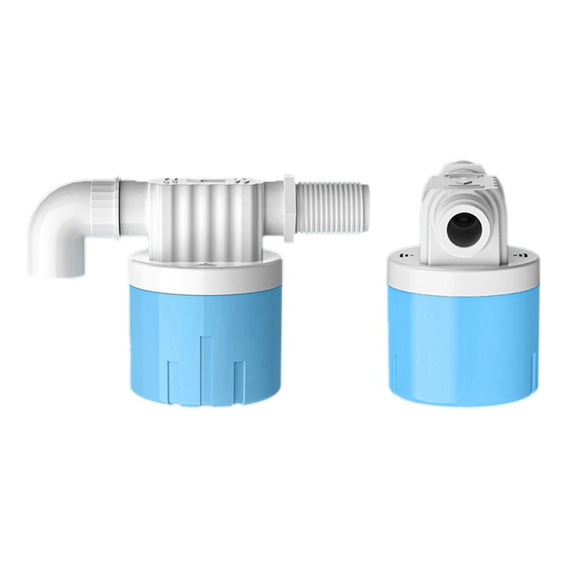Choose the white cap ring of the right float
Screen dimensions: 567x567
pyautogui.click(x=462, y=275)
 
